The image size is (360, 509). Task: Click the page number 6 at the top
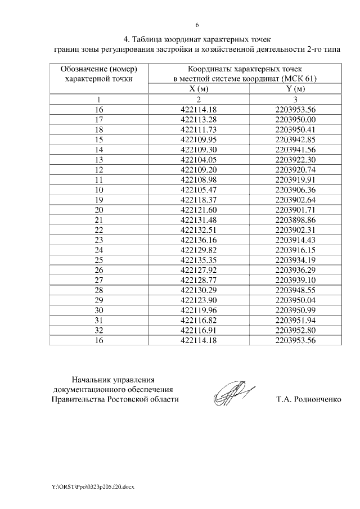[x=197, y=25]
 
